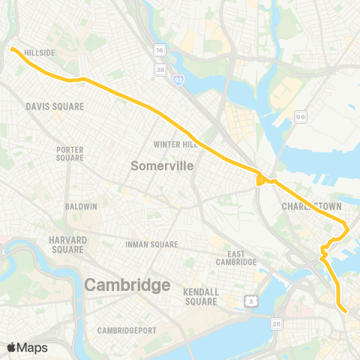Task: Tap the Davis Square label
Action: tap(54, 106)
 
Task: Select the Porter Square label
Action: tap(70, 154)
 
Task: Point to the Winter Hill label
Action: tap(175, 144)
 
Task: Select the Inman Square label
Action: tap(153, 244)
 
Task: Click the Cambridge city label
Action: tap(127, 285)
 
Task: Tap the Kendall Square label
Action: tap(200, 296)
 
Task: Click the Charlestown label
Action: tap(307, 205)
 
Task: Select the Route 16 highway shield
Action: tap(160, 49)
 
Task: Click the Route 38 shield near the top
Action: tap(160, 69)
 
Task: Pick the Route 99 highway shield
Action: tap(300, 116)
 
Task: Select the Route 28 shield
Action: tap(277, 322)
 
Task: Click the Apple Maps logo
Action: tap(28, 347)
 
